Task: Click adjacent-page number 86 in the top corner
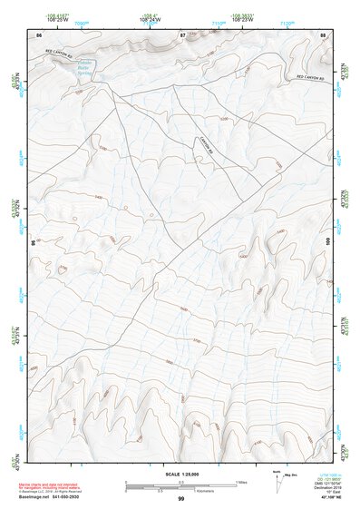tap(38, 34)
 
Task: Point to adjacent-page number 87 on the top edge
tap(182, 34)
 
